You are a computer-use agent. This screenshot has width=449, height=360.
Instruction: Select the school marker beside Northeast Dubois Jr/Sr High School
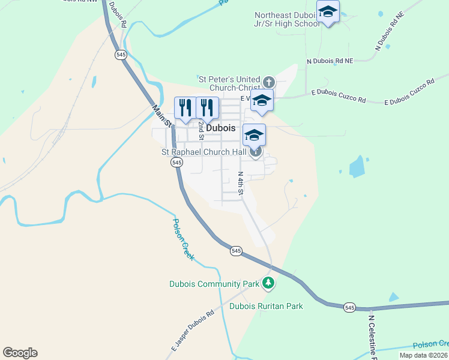[328, 13]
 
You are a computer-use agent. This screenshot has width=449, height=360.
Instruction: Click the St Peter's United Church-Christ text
[231, 83]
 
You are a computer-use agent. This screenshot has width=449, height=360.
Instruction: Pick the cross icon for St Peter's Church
[268, 81]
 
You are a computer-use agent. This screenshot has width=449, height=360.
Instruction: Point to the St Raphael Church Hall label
[204, 152]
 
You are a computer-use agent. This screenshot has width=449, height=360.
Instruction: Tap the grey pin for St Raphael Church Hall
[256, 152]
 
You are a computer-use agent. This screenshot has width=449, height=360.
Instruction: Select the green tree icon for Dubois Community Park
[270, 283]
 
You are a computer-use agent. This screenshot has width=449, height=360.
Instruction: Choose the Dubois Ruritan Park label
[267, 306]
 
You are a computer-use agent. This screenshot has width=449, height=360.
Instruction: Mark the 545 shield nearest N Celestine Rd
[349, 307]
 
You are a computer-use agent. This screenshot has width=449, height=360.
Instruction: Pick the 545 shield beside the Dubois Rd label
[121, 54]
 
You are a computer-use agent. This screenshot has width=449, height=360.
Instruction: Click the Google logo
[20, 353]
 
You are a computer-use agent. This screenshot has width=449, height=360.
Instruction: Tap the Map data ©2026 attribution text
[424, 355]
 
